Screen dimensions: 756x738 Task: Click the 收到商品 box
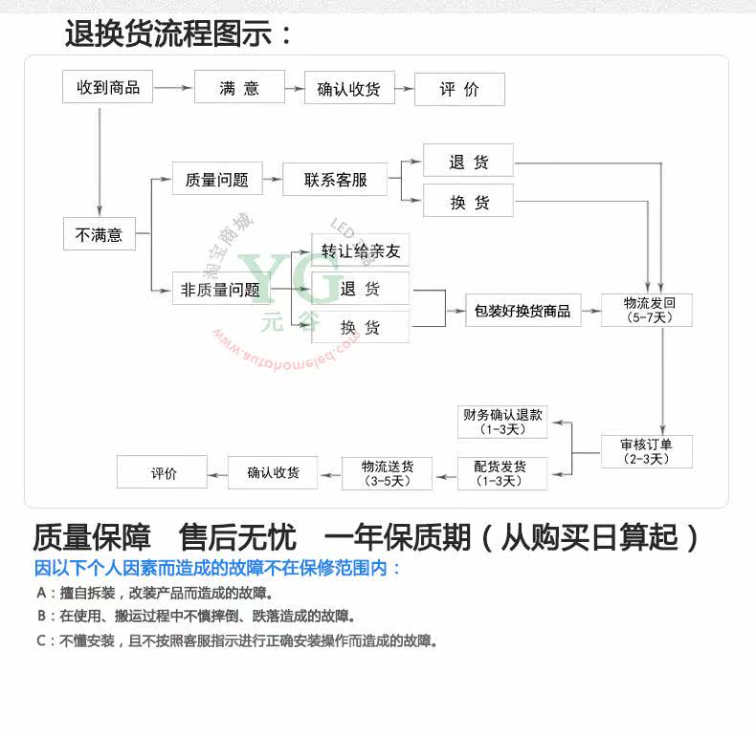107,87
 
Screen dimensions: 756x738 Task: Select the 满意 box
239,88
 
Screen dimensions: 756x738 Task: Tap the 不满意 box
100,233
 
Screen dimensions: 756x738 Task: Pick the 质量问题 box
216,179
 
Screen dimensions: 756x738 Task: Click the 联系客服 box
335,179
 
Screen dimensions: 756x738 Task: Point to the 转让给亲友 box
361,251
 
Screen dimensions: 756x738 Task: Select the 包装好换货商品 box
523,311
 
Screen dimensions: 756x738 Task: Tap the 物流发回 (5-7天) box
646,310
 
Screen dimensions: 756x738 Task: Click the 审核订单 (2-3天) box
646,451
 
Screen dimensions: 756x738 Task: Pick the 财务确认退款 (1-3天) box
502,422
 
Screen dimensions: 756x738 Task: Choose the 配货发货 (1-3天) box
502,473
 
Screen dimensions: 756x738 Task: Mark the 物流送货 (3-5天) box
388,473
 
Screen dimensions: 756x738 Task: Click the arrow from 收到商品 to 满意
173,88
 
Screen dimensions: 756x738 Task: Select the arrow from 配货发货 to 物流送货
445,473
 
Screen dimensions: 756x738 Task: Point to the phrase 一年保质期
396,537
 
